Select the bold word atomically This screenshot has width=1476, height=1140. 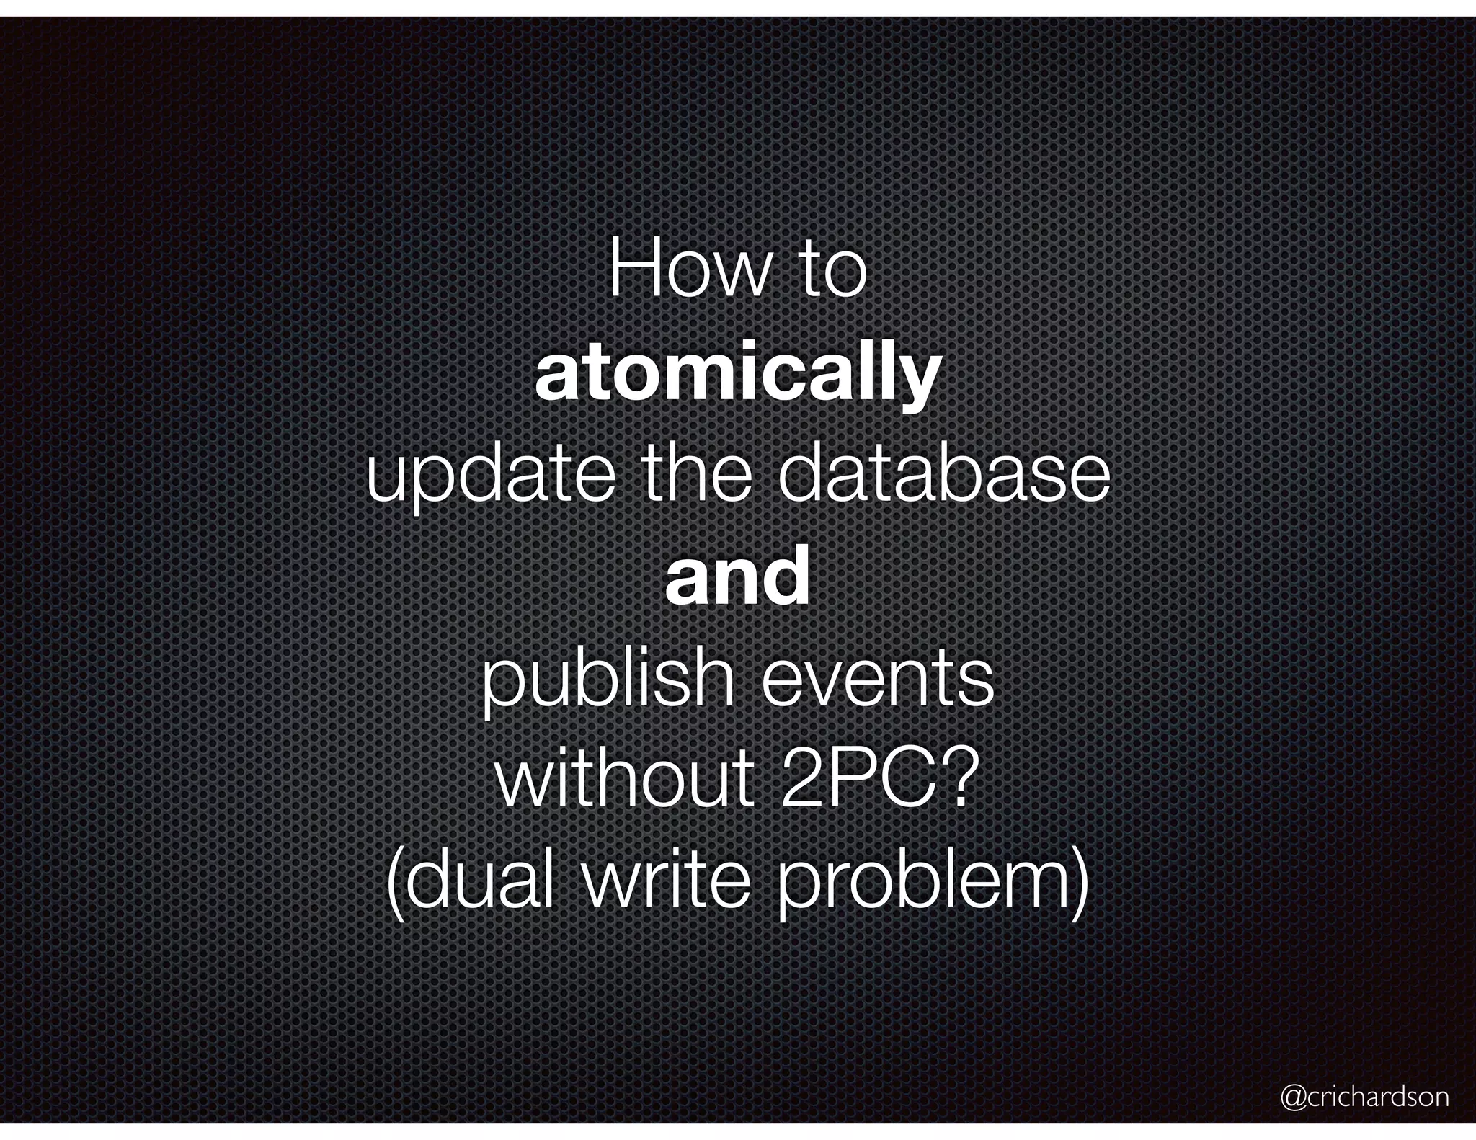click(737, 375)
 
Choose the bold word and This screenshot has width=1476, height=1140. click(737, 577)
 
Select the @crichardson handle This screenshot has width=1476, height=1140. click(1364, 1097)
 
